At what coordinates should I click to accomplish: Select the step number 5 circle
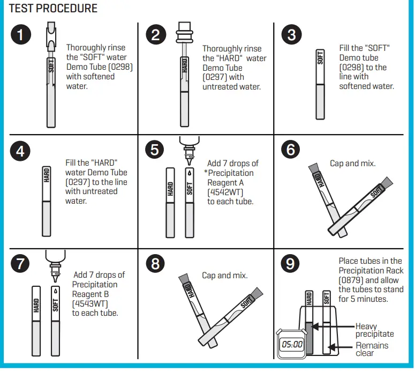(155, 150)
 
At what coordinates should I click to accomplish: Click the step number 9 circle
(291, 263)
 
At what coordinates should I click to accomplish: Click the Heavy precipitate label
(374, 330)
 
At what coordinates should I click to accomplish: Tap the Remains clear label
(372, 349)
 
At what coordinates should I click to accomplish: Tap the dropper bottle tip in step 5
(189, 159)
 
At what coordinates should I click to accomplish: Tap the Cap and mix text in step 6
(352, 163)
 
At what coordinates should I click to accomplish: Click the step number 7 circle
(20, 263)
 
